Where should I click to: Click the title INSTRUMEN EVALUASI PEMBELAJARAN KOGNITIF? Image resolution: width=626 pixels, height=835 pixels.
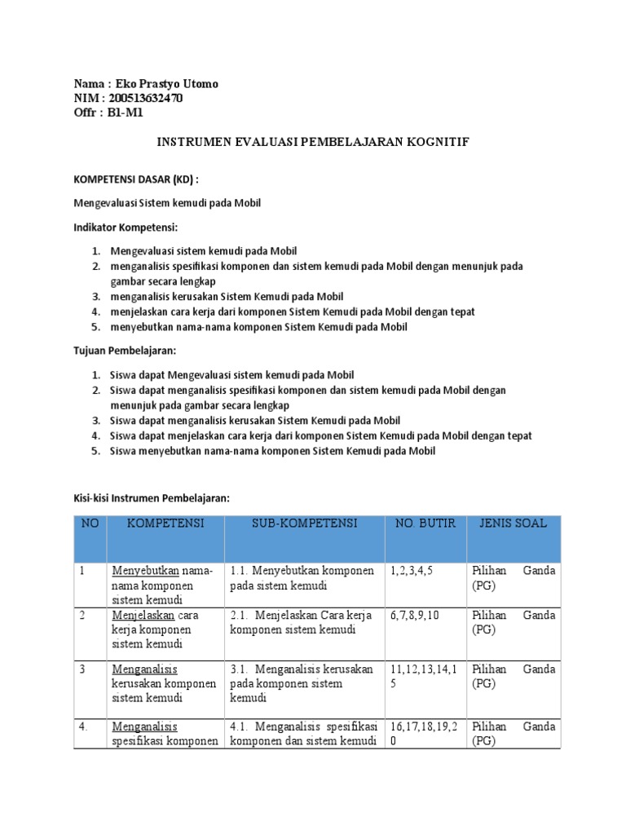[313, 142]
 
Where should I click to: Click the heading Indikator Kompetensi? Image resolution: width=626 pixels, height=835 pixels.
[126, 226]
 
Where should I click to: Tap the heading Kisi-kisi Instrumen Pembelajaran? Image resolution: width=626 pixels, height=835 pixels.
[152, 497]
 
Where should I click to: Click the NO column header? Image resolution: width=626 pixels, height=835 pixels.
[89, 523]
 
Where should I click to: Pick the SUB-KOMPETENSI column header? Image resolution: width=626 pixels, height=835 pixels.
[304, 523]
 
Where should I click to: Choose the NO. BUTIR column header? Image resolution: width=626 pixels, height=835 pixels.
[425, 523]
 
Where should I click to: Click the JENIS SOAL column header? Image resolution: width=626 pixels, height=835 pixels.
[514, 523]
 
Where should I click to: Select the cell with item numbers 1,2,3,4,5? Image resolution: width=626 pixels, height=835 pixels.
[412, 571]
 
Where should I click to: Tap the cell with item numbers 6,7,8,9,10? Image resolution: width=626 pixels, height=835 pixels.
[416, 616]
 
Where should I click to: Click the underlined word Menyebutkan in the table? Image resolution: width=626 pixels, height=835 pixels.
[145, 571]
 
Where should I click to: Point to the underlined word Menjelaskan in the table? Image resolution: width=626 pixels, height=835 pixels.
[143, 616]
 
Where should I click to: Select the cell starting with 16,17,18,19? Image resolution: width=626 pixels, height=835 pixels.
[424, 733]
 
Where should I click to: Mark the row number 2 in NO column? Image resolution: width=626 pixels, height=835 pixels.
[82, 616]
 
